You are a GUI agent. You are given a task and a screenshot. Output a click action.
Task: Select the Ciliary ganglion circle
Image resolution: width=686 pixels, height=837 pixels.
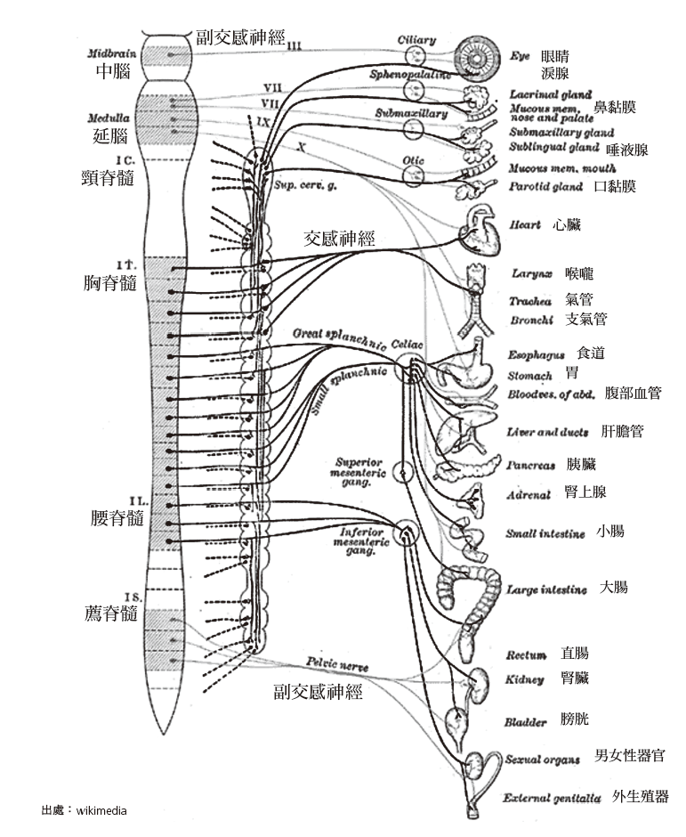[x=415, y=56]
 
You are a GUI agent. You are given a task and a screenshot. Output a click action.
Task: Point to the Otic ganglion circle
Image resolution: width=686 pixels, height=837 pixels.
[x=413, y=175]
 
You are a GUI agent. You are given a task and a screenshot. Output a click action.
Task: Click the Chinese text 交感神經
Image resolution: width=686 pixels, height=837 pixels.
[x=339, y=239]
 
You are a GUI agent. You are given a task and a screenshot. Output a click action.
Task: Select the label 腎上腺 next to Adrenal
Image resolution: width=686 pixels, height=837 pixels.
[x=585, y=492]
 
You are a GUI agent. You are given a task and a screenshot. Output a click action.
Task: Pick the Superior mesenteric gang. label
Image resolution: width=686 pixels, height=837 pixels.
[x=359, y=469]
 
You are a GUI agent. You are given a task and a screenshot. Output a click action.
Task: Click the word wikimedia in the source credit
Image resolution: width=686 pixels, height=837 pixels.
[x=102, y=810]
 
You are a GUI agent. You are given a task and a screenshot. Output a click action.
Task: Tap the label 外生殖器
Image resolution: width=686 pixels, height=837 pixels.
[x=640, y=796]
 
